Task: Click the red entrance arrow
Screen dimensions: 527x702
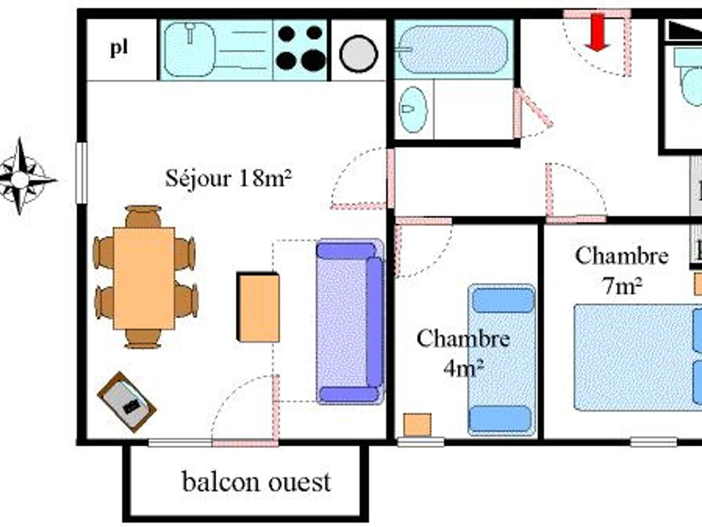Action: tap(597, 32)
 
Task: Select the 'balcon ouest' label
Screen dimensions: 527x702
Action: tap(256, 482)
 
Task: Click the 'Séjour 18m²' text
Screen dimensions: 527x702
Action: tap(229, 178)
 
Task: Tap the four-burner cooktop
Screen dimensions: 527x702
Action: tap(301, 49)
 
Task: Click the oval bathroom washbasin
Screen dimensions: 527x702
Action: tap(414, 109)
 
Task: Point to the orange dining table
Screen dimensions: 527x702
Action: tap(143, 278)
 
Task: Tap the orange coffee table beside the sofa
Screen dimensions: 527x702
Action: tap(258, 307)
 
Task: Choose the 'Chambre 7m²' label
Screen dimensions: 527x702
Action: tap(621, 269)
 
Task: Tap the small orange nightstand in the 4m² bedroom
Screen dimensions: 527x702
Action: tap(417, 425)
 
